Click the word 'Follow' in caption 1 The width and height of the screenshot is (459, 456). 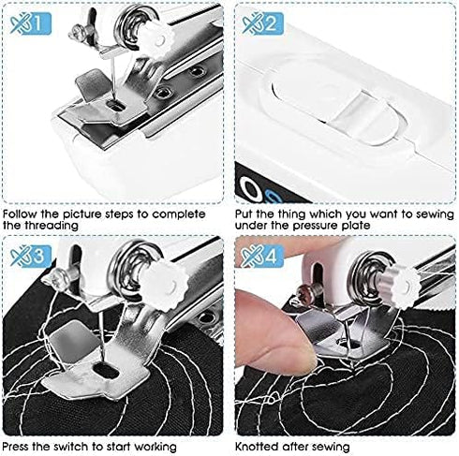point(21,213)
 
